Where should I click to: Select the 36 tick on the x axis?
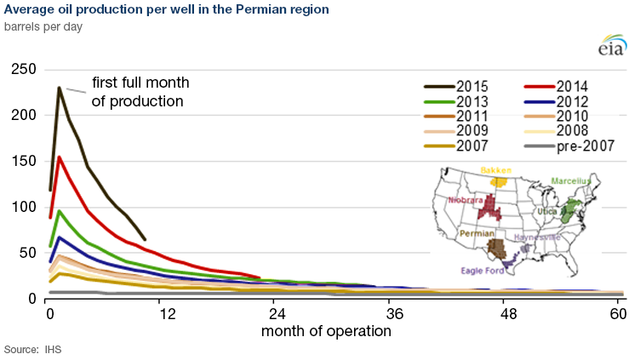tap(394, 312)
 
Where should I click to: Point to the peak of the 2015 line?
tap(59, 87)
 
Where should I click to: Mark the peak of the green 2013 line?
tap(59, 210)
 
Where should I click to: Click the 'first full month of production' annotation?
tap(140, 92)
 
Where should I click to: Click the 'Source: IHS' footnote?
tap(32, 349)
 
